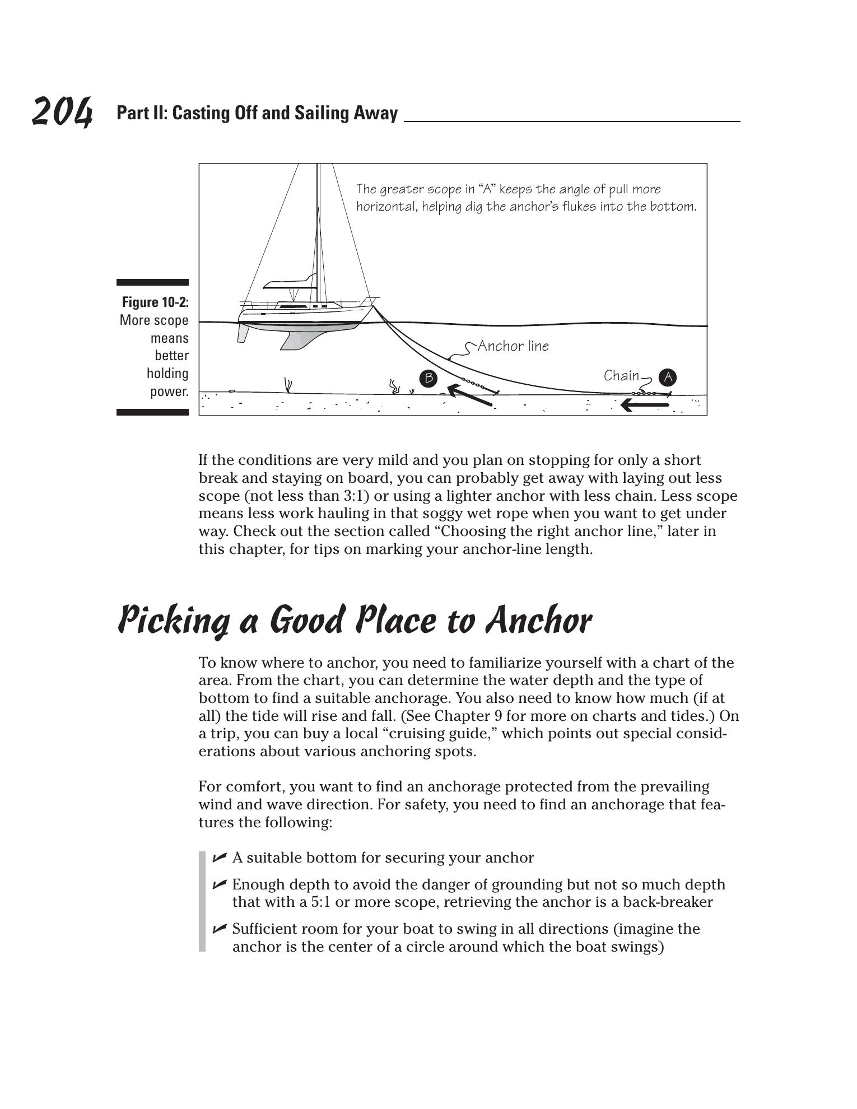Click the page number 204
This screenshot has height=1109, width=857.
pos(62,112)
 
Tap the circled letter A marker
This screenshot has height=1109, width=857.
pos(668,378)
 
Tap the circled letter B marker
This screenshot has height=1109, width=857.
pos(428,379)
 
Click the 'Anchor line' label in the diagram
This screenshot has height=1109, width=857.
pos(513,346)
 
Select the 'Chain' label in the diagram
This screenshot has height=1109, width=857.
pos(621,375)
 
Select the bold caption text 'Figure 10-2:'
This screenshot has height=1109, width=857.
pos(155,302)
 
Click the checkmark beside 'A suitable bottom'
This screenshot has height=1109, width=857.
pos(220,857)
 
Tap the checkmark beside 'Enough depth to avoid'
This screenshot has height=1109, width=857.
pos(220,884)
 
